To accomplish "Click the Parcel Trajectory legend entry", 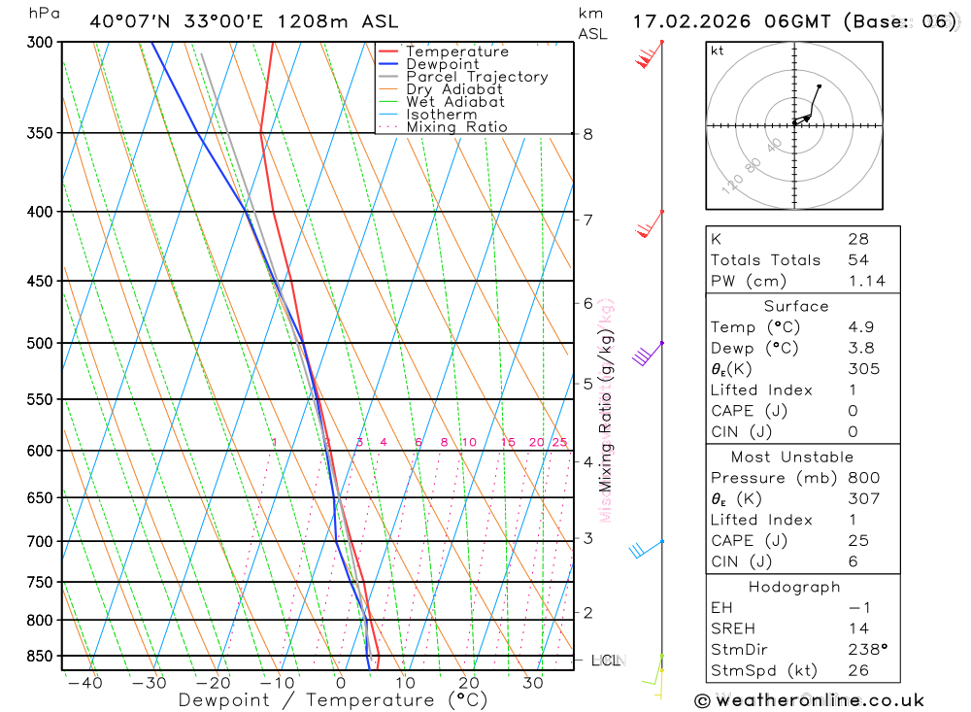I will click(477, 77).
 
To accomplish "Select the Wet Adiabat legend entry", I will click(455, 102).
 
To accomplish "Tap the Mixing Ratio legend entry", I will click(456, 127).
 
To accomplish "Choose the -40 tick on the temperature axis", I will click(85, 683).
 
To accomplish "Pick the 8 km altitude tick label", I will click(587, 134).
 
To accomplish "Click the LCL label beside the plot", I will click(605, 661).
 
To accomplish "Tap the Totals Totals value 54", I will click(858, 260).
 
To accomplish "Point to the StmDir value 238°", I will click(867, 650).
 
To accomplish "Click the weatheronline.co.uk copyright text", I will click(810, 700).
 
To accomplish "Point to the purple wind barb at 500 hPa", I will click(645, 354).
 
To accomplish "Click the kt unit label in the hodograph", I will click(718, 51).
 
